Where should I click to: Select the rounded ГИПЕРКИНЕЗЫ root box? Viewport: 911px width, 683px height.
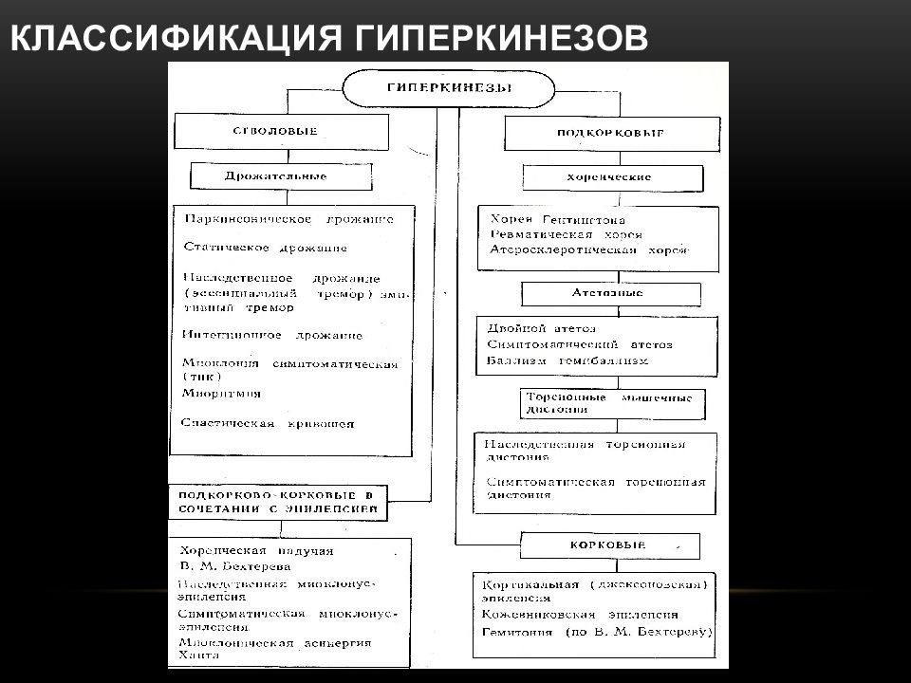pos(448,89)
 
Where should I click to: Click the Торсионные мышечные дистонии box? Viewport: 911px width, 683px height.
pos(613,402)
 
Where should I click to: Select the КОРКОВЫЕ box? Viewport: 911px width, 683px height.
pos(608,545)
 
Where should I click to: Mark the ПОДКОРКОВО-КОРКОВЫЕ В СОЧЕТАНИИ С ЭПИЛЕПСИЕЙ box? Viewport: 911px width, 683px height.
pos(280,502)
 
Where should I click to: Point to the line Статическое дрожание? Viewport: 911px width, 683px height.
pos(265,248)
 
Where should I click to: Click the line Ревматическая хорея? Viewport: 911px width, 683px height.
pos(567,234)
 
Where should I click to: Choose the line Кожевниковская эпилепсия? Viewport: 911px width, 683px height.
pos(580,615)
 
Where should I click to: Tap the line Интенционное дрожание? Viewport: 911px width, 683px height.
pos(273,336)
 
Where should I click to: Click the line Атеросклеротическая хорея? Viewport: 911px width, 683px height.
pos(589,249)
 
